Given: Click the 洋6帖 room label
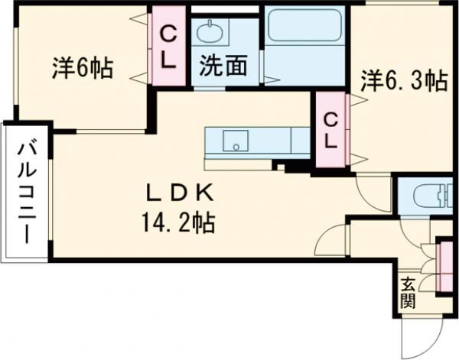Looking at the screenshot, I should point(82,69).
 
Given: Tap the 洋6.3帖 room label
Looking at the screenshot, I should point(404,79).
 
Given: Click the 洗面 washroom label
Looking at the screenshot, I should point(223,66).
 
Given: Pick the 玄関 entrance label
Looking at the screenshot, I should point(407,292).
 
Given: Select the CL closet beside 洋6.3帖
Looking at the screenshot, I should point(330,130).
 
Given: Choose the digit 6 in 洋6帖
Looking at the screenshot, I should point(80,69).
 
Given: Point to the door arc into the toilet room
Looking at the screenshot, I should point(375,187).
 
